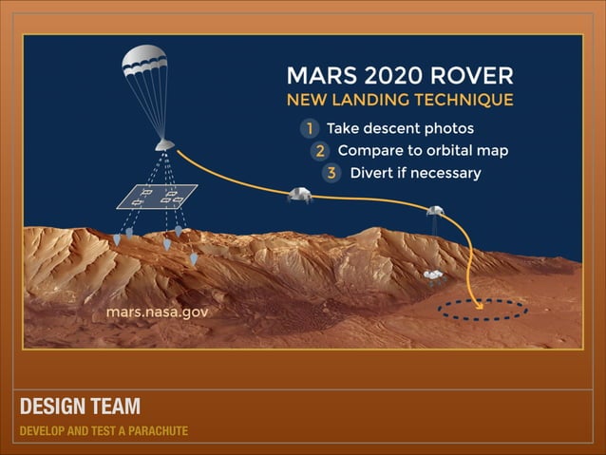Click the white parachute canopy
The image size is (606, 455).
tap(144, 64)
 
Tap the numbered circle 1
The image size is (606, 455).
tap(309, 128)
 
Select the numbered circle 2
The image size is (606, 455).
tap(320, 150)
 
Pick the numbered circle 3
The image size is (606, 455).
tap(331, 173)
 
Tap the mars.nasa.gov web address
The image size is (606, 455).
tap(157, 311)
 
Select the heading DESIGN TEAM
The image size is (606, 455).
tap(80, 407)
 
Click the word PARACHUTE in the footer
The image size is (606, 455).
tap(158, 431)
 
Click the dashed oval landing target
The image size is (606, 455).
tap(482, 310)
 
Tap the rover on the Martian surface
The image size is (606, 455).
tap(434, 275)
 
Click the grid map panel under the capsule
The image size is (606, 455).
tap(157, 197)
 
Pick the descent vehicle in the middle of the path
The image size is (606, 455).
tap(300, 195)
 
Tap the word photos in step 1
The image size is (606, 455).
tap(448, 128)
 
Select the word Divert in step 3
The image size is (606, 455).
tap(372, 173)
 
